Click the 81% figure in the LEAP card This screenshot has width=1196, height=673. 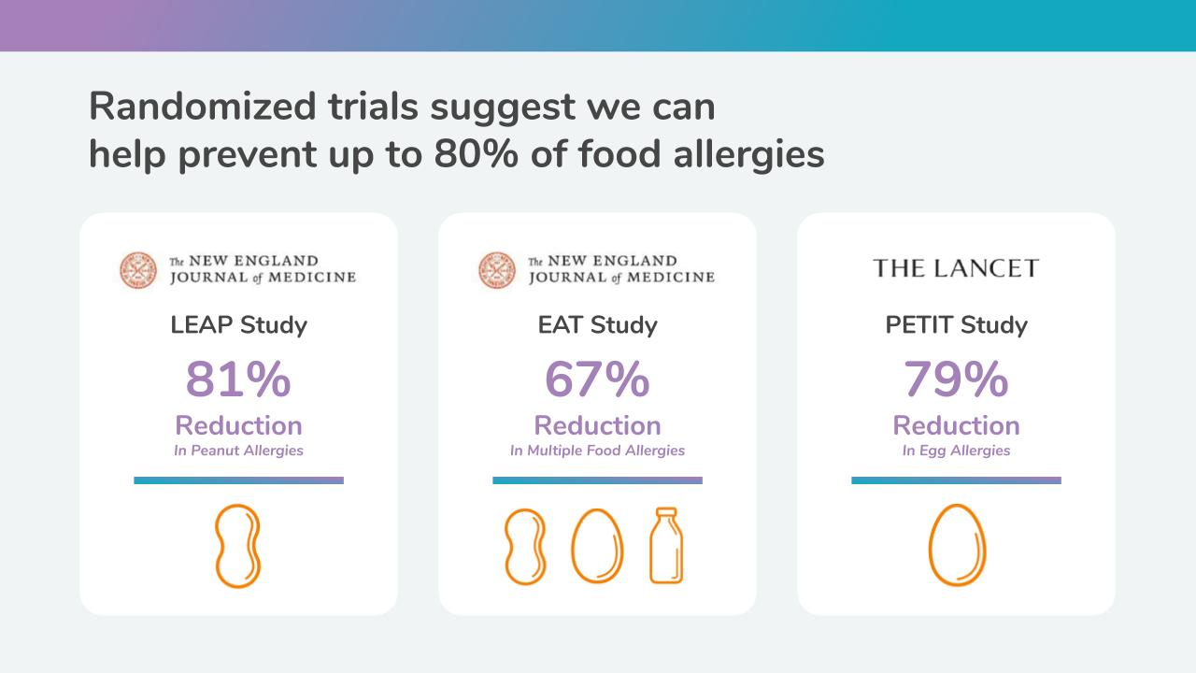[x=238, y=379]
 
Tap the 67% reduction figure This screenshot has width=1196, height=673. [x=597, y=379]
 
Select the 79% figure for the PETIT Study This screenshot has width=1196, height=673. [x=956, y=379]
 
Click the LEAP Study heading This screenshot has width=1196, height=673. [x=238, y=324]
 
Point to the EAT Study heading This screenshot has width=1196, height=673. [x=597, y=324]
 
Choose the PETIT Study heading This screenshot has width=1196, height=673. [x=956, y=324]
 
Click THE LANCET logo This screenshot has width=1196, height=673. [x=956, y=268]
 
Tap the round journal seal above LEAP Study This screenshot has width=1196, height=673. [x=138, y=270]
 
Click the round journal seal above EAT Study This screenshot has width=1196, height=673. [x=497, y=270]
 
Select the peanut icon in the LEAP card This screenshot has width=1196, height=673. [x=237, y=546]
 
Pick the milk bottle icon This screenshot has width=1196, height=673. [x=666, y=545]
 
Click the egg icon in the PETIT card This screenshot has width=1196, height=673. [x=957, y=545]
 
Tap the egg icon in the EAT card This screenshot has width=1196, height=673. [x=597, y=546]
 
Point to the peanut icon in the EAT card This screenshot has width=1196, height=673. [x=525, y=547]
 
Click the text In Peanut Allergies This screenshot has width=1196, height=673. [x=238, y=451]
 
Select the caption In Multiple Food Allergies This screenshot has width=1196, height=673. [x=597, y=451]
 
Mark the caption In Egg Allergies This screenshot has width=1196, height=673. [x=956, y=451]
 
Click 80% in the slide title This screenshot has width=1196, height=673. [x=476, y=154]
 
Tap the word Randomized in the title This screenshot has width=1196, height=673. [x=203, y=107]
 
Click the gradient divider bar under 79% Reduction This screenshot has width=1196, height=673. [x=956, y=480]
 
